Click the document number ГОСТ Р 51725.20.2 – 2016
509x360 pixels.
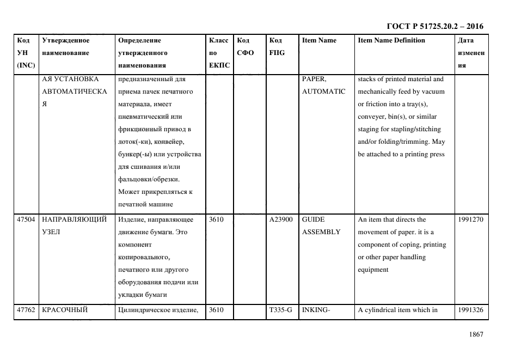[434, 26]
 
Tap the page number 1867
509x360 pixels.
[476, 334]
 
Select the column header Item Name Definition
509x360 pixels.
[391, 40]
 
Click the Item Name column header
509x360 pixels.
[319, 40]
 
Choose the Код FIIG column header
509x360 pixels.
[277, 47]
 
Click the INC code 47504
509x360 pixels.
[26, 219]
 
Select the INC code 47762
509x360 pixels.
[26, 310]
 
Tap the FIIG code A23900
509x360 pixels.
[281, 219]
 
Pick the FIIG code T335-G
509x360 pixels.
[280, 310]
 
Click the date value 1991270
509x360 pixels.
[471, 219]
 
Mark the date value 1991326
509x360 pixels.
[471, 310]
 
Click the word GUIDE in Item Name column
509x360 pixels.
[313, 219]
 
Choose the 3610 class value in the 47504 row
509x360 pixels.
[217, 219]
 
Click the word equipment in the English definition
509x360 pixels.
[373, 270]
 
